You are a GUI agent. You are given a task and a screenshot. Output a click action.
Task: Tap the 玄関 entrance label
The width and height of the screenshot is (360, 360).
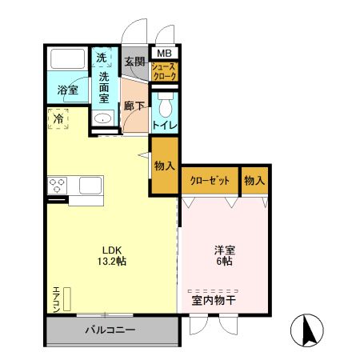click(134, 62)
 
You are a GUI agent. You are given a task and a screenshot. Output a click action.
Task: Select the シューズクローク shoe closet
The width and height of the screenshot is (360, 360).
click(164, 71)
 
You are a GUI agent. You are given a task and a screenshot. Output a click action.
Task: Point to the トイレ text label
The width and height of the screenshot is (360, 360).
click(165, 126)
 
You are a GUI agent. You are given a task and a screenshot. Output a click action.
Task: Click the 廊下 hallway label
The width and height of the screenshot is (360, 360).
click(133, 105)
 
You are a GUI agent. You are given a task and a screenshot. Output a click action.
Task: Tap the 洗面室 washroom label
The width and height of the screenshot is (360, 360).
click(104, 87)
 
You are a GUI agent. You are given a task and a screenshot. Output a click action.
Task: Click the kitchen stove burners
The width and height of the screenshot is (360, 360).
click(59, 186)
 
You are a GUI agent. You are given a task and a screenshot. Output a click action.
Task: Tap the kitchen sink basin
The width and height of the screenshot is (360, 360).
click(88, 186)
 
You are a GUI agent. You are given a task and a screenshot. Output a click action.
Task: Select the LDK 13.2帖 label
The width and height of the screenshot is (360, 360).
click(112, 254)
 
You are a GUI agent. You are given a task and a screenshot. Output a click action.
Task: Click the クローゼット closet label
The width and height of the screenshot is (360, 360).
click(210, 181)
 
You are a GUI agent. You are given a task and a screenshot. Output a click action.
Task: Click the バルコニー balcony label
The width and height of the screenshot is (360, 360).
click(110, 330)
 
